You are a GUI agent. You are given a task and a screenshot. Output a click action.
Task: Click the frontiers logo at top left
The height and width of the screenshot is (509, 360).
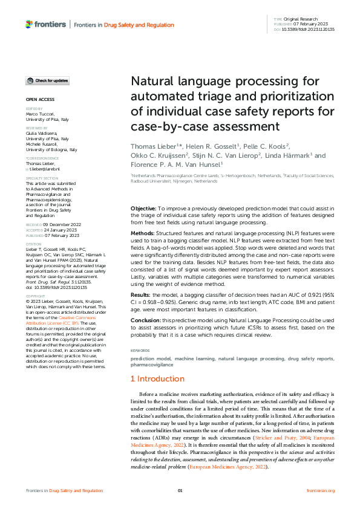tap(45, 24)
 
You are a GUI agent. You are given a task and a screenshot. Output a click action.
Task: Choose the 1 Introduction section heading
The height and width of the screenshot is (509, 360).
tap(158, 379)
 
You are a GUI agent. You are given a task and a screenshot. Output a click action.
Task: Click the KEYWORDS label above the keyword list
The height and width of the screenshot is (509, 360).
tap(140, 351)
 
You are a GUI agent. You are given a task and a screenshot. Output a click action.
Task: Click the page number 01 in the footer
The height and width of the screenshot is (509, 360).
tap(180, 490)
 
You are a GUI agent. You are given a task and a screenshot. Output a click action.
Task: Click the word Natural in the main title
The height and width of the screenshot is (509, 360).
tap(154, 81)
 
